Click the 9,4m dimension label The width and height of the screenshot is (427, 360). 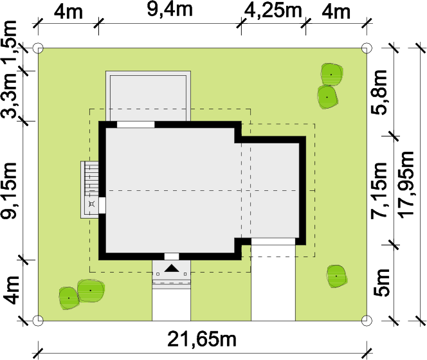coord(170,10)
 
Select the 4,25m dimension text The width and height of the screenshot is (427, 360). coord(273,11)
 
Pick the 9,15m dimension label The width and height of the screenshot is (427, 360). coord(10,191)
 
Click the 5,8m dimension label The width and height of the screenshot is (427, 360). coord(379,92)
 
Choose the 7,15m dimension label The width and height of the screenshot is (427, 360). coord(379,191)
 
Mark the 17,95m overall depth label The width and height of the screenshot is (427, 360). coord(406,184)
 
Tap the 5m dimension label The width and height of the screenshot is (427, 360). coord(381,282)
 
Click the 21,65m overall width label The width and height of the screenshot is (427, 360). coord(202,339)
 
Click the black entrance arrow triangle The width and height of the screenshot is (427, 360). coord(172,268)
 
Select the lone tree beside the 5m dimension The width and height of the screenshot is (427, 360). coord(336,276)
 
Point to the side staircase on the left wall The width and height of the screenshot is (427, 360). coord(92,178)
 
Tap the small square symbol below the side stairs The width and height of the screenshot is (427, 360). coord(92,204)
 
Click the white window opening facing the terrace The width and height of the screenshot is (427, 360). coord(136,125)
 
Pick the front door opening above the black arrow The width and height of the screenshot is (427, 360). coord(172,256)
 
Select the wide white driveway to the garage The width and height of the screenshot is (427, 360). coord(273,280)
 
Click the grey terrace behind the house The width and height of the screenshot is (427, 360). coord(148,96)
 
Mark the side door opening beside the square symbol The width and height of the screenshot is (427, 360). coord(102,205)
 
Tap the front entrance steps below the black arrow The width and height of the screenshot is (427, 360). coord(171,283)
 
